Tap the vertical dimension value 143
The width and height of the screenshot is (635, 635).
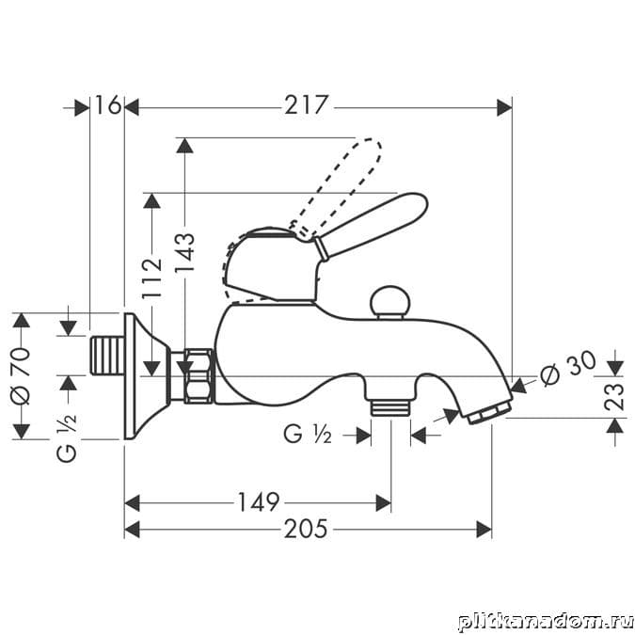pyautogui.click(x=184, y=252)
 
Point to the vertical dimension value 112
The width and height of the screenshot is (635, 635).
pyautogui.click(x=151, y=278)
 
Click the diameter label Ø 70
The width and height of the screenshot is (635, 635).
pyautogui.click(x=21, y=375)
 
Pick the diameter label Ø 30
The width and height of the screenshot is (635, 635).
pyautogui.click(x=568, y=368)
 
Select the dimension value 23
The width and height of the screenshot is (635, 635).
pyautogui.click(x=614, y=397)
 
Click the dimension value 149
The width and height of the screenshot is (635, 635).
pyautogui.click(x=259, y=502)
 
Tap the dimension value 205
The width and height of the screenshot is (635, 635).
pyautogui.click(x=306, y=529)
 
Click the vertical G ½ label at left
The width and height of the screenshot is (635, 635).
pyautogui.click(x=67, y=437)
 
